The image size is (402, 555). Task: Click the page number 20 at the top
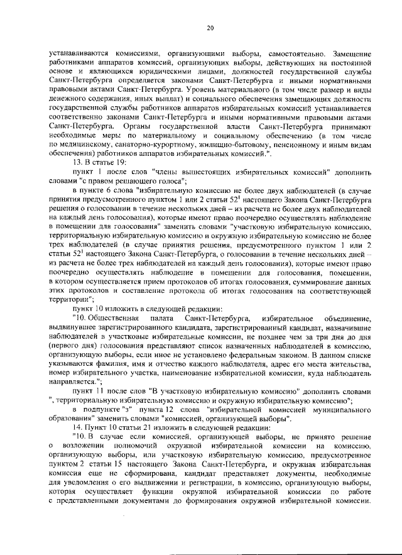pos(210,27)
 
